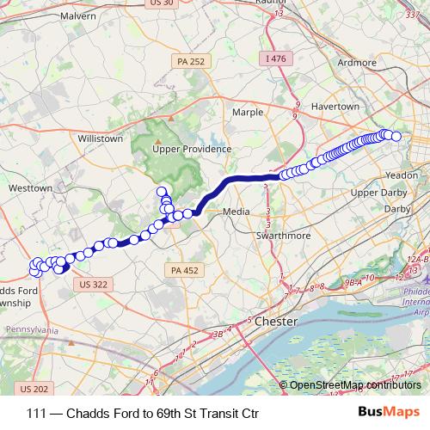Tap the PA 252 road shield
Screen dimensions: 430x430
point(190,62)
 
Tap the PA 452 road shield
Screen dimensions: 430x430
point(181,270)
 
